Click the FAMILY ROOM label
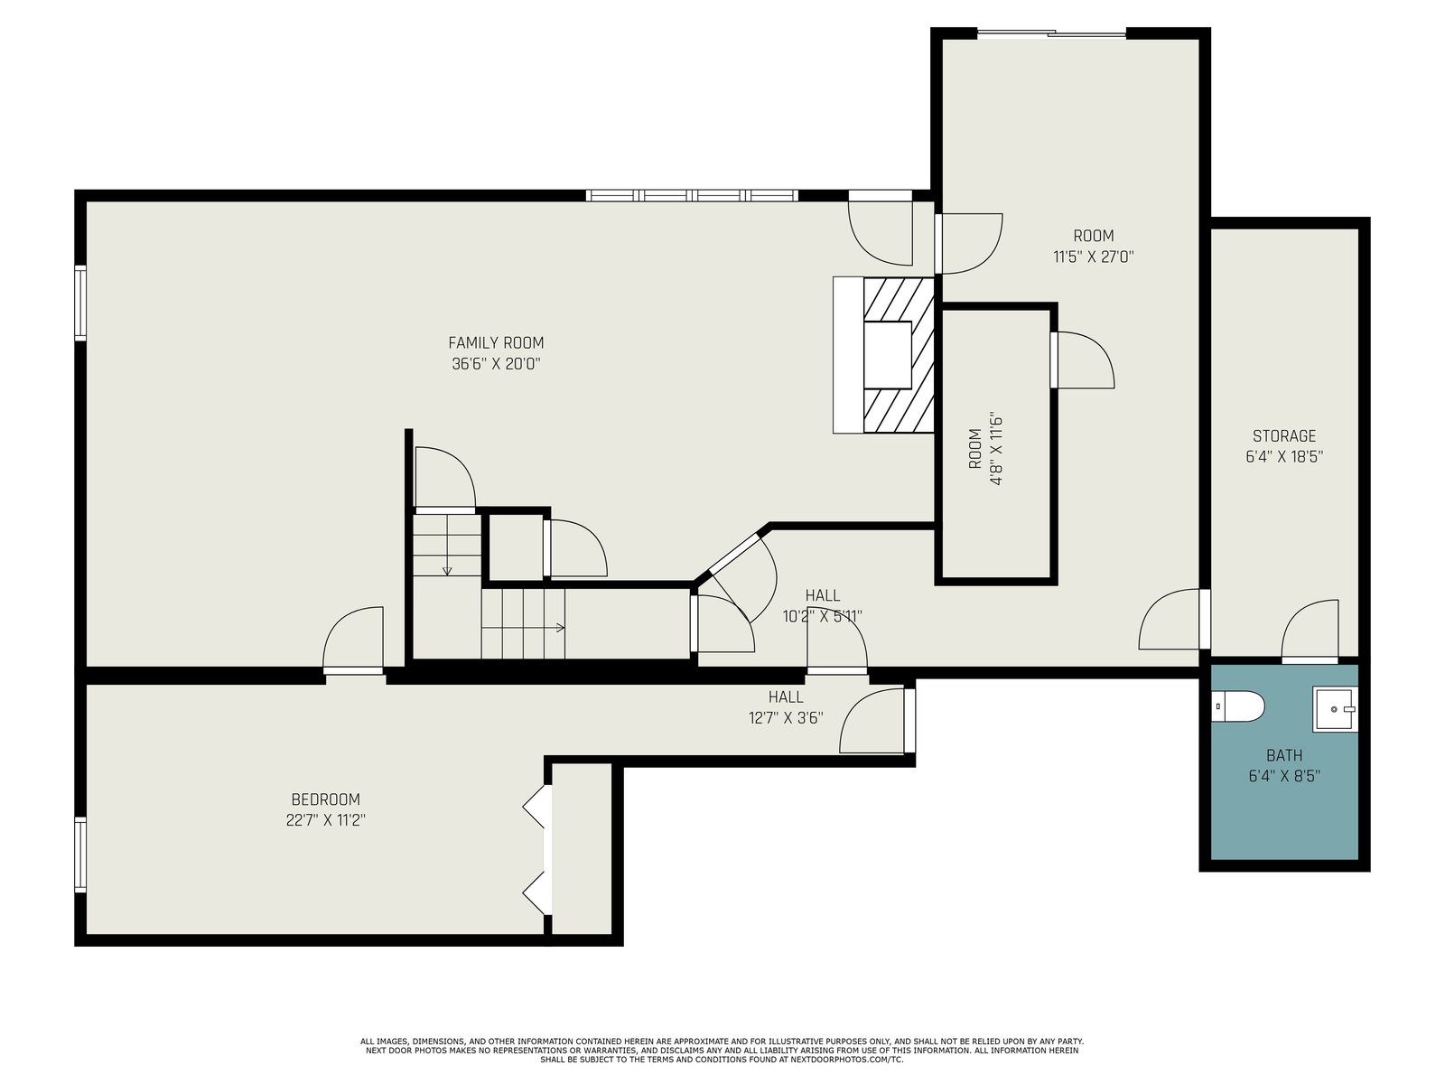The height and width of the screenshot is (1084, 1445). pos(496,343)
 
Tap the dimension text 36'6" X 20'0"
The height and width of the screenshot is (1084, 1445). pos(496,364)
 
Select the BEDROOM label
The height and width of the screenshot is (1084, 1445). pos(325,799)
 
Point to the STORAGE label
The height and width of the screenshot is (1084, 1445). pos(1283,435)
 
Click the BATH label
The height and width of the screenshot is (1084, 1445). pos(1284,755)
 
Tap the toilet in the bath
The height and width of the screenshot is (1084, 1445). pos(1238,706)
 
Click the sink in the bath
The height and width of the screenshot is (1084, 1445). pos(1335,709)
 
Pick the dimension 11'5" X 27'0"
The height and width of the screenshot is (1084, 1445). pos(1094,257)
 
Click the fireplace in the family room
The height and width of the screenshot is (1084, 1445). pos(883,355)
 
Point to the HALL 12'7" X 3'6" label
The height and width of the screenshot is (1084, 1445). pos(786,707)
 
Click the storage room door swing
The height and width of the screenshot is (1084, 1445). pos(1310,629)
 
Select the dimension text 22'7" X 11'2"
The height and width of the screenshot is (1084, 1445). pos(325,820)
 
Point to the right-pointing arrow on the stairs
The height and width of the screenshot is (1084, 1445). pos(523,627)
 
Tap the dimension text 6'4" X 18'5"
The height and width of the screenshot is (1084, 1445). pos(1283,457)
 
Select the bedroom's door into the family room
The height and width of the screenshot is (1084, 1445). pos(353,638)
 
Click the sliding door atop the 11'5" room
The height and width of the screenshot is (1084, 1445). pos(1051,33)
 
